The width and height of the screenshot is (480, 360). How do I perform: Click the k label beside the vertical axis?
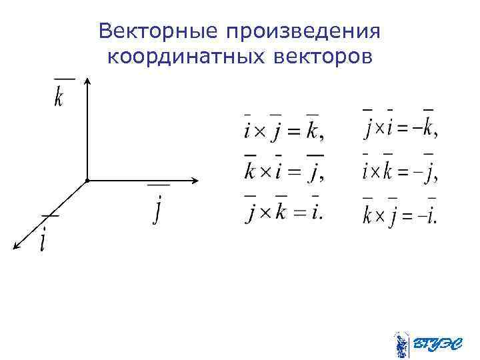click(59, 97)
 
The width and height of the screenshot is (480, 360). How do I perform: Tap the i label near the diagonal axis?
click(44, 239)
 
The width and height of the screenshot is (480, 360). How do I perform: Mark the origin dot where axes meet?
click(87, 181)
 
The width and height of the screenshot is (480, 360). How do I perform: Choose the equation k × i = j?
click(284, 172)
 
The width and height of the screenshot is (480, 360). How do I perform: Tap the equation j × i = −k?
click(401, 127)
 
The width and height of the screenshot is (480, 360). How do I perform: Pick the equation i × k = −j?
click(401, 172)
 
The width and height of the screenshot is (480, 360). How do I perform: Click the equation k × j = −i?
click(401, 215)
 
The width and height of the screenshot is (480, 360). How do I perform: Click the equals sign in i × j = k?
click(293, 131)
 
